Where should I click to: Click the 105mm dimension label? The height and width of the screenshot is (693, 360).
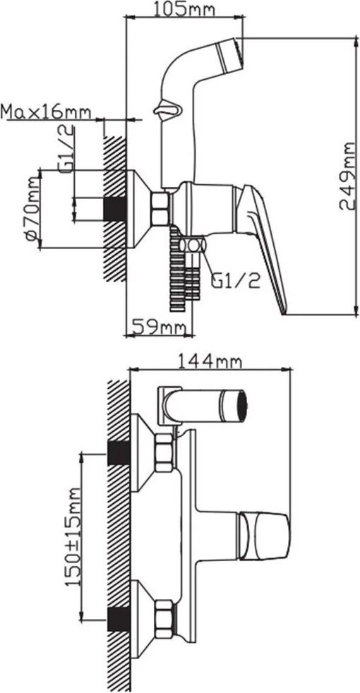(184, 9)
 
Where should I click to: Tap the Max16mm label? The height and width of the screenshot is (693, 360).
(46, 112)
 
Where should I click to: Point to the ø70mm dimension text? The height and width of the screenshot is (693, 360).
(32, 207)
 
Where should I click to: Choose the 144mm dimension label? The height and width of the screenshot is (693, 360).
(210, 361)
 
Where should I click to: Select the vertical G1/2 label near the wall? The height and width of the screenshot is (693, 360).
(66, 150)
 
